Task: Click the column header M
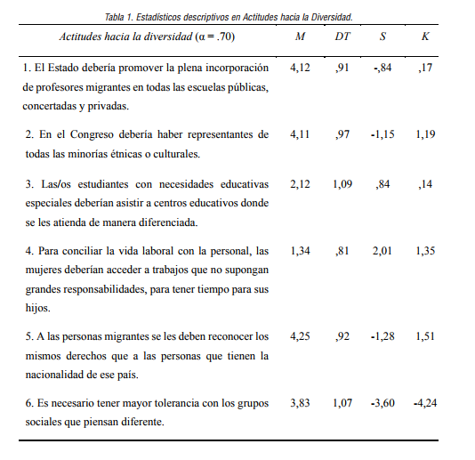click(x=301, y=36)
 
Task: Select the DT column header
click(x=342, y=36)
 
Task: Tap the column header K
click(x=425, y=36)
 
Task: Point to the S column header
click(x=383, y=36)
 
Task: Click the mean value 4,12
click(x=301, y=68)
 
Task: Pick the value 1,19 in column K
click(x=425, y=134)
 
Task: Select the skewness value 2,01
click(x=383, y=251)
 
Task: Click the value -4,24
click(x=425, y=403)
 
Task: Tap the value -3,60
click(x=383, y=403)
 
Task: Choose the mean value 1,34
click(x=301, y=251)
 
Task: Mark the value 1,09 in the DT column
click(x=342, y=183)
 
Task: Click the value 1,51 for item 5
click(x=425, y=337)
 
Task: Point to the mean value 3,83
click(x=301, y=403)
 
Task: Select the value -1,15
click(x=383, y=134)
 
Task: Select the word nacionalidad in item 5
click(x=59, y=375)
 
